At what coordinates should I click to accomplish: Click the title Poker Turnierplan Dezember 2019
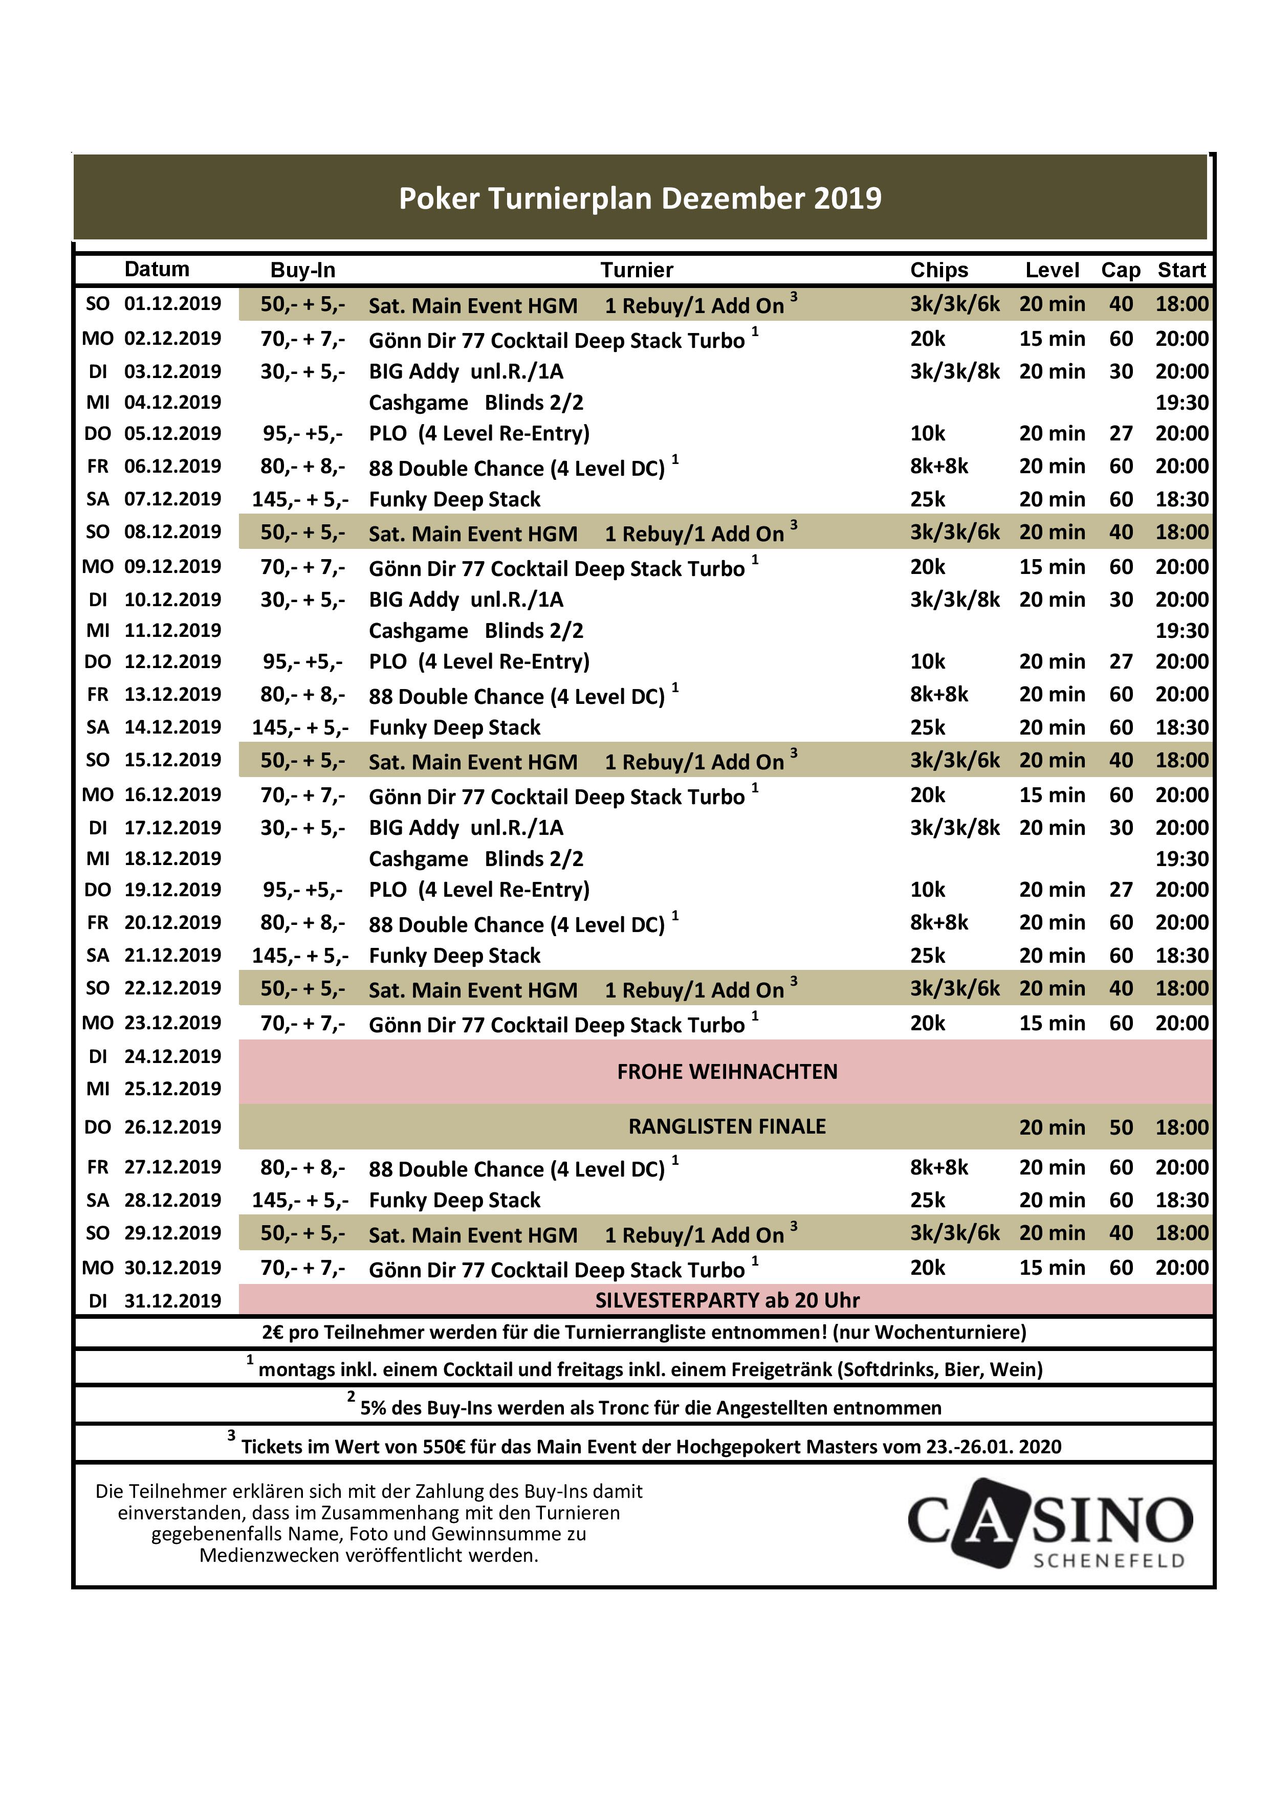pyautogui.click(x=640, y=198)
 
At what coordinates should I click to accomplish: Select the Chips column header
pyautogui.click(x=938, y=270)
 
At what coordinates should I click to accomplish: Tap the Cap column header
pyautogui.click(x=1121, y=270)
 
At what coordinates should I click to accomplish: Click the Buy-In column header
pyautogui.click(x=302, y=270)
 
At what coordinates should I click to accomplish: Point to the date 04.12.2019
pyautogui.click(x=172, y=403)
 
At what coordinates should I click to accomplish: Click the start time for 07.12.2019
pyautogui.click(x=1182, y=499)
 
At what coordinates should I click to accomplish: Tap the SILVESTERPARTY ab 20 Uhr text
pyautogui.click(x=727, y=1300)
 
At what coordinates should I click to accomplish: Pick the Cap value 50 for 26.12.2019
pyautogui.click(x=1121, y=1127)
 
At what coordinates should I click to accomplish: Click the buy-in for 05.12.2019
pyautogui.click(x=302, y=434)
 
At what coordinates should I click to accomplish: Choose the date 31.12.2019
pyautogui.click(x=172, y=1301)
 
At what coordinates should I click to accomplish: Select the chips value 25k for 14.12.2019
pyautogui.click(x=928, y=727)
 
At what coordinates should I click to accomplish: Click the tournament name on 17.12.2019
pyautogui.click(x=466, y=828)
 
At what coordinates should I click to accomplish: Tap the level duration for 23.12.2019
pyautogui.click(x=1052, y=1023)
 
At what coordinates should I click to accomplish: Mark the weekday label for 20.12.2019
pyautogui.click(x=98, y=923)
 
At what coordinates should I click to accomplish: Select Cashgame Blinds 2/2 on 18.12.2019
pyautogui.click(x=476, y=859)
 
